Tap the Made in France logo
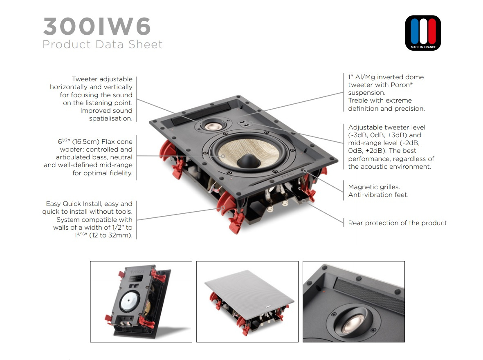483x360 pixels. [423, 33]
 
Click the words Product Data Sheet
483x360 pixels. [102, 44]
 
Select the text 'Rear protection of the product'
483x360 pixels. [398, 223]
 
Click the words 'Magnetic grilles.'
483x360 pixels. [374, 187]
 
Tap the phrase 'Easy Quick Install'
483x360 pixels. [74, 203]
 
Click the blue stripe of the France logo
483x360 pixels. [415, 31]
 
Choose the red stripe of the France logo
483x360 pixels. [432, 31]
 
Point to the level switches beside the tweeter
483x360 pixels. [245, 123]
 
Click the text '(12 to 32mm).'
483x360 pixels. [111, 235]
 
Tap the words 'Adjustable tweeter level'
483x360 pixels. [386, 127]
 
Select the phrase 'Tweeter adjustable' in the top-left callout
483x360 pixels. [102, 79]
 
